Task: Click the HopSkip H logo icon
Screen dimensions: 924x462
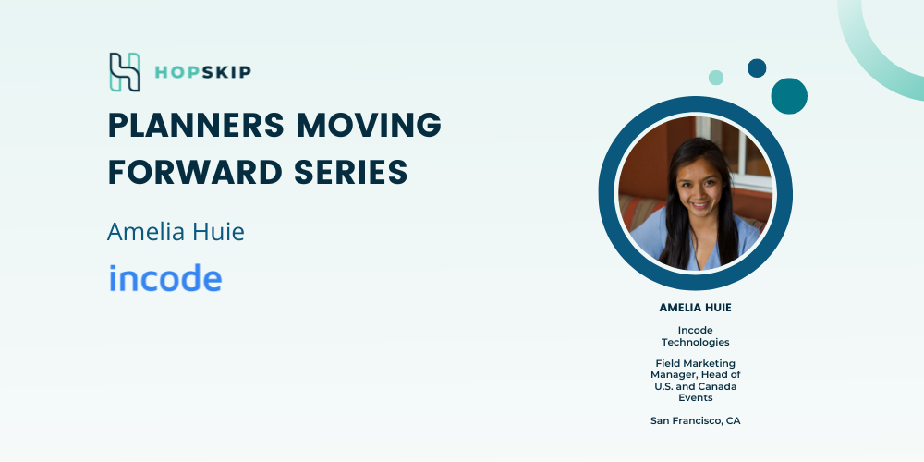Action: [125, 72]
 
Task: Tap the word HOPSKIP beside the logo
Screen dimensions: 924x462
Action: [202, 72]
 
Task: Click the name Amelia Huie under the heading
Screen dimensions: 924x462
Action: [176, 232]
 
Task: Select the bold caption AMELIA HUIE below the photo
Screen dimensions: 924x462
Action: [696, 308]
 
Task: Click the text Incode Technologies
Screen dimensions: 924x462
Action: [696, 336]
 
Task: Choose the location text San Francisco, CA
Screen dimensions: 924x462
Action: [696, 420]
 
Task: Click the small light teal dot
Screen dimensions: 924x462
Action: [716, 78]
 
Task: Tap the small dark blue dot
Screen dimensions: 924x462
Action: [757, 67]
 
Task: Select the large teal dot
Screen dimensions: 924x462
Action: [789, 96]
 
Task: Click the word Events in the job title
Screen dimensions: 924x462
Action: [696, 397]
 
